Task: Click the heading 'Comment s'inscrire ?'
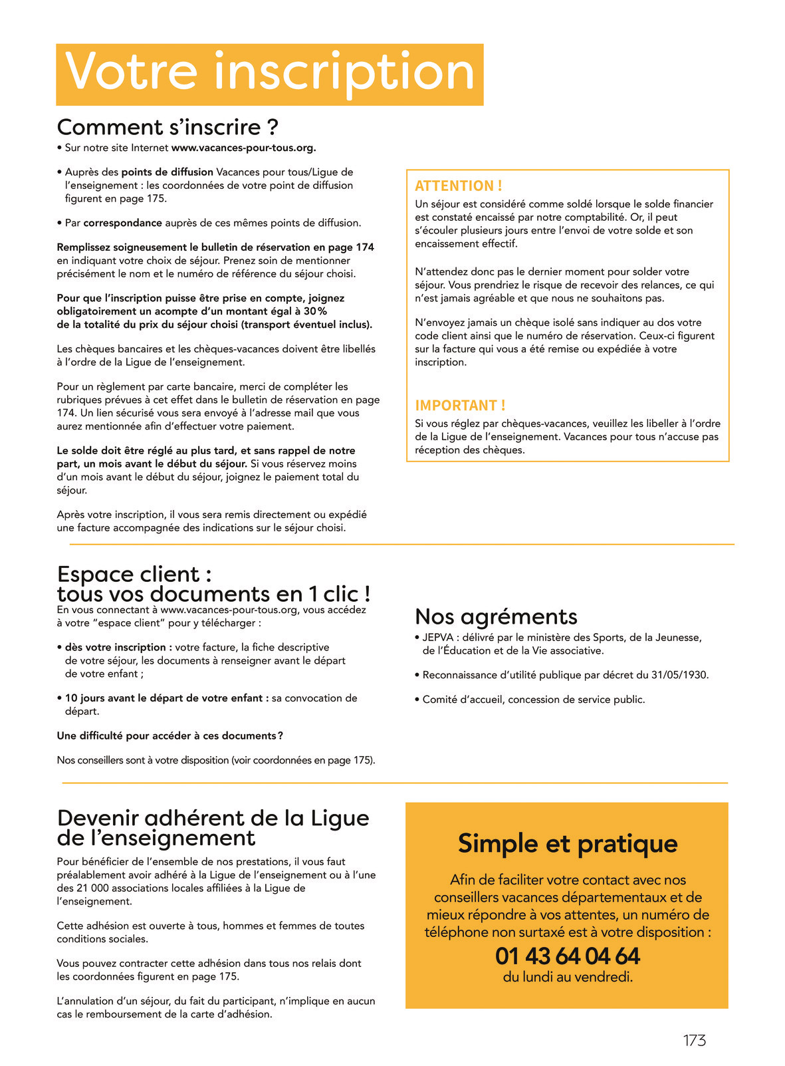pos(168,127)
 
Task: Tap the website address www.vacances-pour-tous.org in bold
pos(243,148)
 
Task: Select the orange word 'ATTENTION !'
pos(458,186)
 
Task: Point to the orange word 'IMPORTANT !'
pos(460,405)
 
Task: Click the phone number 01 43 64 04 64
pos(567,956)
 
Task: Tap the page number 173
pos(694,1040)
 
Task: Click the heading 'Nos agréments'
pos(496,616)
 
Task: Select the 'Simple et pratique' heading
pos(567,843)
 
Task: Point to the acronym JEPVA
pos(437,638)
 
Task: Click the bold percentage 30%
pos(315,311)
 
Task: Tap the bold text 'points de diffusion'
pos(167,172)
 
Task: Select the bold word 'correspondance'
pos(123,223)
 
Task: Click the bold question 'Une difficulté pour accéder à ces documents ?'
pos(170,735)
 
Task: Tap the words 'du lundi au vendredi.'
pos(567,977)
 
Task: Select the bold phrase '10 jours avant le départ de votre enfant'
pos(167,698)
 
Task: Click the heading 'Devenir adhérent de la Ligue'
pos(213,817)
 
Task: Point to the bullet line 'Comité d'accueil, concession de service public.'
pos(533,700)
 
